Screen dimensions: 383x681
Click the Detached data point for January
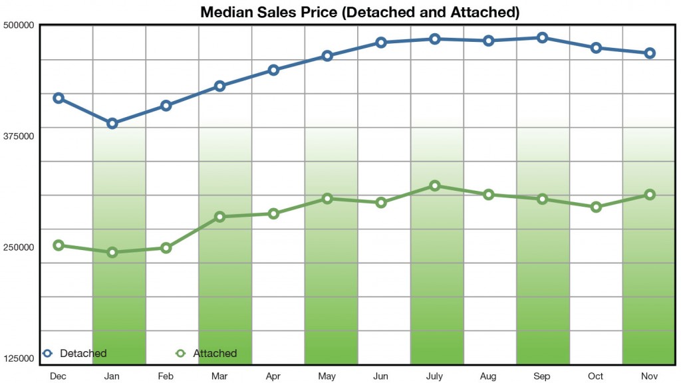pyautogui.click(x=112, y=123)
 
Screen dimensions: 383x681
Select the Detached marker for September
pyautogui.click(x=542, y=38)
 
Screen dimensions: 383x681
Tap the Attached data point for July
pyautogui.click(x=435, y=186)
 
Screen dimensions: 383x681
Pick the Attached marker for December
pyautogui.click(x=59, y=245)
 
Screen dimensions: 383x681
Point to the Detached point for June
pyautogui.click(x=381, y=43)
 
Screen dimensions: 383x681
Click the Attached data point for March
pyautogui.click(x=220, y=217)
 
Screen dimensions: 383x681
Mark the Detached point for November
pyautogui.click(x=650, y=53)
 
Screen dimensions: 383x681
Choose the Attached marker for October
pyautogui.click(x=596, y=207)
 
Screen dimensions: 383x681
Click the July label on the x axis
pyautogui.click(x=435, y=376)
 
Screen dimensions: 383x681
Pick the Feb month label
pyautogui.click(x=166, y=376)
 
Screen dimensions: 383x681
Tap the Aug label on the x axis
pyautogui.click(x=488, y=376)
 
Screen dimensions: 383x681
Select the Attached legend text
pyautogui.click(x=215, y=354)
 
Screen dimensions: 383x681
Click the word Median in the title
pyautogui.click(x=228, y=12)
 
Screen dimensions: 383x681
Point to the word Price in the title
pyautogui.click(x=317, y=12)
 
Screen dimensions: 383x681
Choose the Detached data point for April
pyautogui.click(x=273, y=70)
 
